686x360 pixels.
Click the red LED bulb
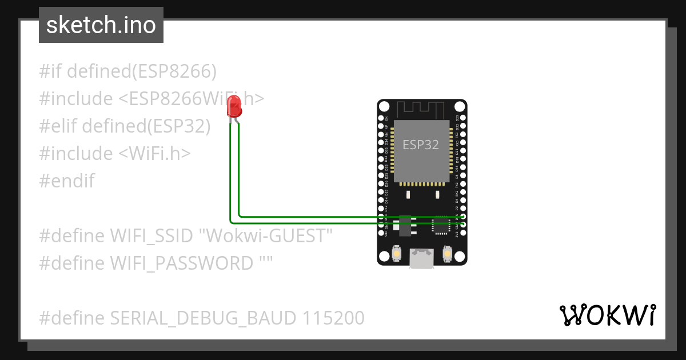tap(234, 106)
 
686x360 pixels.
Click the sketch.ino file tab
tap(101, 25)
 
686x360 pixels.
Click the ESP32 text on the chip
tap(421, 145)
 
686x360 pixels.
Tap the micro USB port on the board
tap(422, 259)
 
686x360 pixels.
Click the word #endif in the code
tap(67, 181)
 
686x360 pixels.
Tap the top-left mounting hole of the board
tap(384, 107)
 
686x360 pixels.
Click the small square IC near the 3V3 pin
tap(441, 227)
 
